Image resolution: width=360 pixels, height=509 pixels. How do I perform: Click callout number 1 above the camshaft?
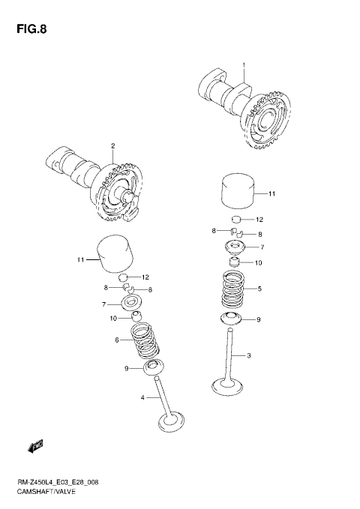(244, 66)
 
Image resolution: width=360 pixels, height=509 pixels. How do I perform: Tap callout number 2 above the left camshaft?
(112, 145)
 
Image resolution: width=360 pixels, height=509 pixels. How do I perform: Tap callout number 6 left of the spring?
(118, 340)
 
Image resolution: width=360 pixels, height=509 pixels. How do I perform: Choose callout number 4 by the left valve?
(142, 397)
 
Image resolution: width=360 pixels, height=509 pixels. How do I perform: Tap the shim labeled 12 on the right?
(238, 220)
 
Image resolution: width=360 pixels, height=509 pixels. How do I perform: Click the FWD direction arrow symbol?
(35, 448)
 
